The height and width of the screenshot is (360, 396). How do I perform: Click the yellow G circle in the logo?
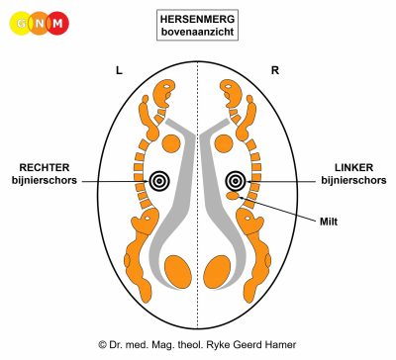click(x=22, y=23)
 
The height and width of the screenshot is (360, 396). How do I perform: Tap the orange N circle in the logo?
click(x=40, y=23)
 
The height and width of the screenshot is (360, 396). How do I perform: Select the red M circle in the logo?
click(x=57, y=23)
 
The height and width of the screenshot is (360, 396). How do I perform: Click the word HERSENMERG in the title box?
click(x=197, y=19)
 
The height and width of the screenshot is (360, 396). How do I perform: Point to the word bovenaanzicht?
click(x=197, y=32)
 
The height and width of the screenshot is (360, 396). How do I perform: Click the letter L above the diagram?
click(x=119, y=70)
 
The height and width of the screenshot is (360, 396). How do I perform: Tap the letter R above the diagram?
click(x=275, y=70)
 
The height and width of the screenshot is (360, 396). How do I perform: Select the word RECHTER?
click(x=45, y=167)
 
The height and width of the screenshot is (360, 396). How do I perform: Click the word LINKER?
click(x=353, y=167)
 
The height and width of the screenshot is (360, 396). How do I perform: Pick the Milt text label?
click(x=329, y=222)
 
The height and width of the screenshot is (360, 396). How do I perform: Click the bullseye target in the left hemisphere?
click(x=159, y=181)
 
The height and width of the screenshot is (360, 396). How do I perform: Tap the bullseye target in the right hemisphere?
click(x=236, y=181)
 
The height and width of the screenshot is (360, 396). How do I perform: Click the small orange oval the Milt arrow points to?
click(x=233, y=197)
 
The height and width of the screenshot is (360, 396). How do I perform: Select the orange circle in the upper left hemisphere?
click(x=171, y=143)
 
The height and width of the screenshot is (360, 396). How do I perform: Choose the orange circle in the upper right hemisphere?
click(x=225, y=143)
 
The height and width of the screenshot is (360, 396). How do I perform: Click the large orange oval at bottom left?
click(x=178, y=272)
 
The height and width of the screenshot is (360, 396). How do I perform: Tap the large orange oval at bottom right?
click(x=217, y=272)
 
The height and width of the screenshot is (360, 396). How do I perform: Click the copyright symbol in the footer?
click(x=102, y=345)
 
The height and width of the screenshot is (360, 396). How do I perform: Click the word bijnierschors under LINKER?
click(x=353, y=180)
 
